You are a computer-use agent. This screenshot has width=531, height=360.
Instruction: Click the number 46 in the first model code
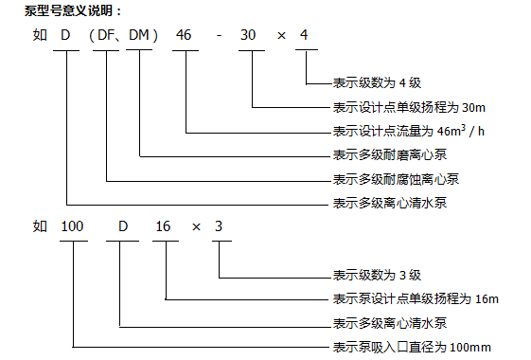pyautogui.click(x=184, y=35)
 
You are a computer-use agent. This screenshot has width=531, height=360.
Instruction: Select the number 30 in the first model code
pyautogui.click(x=248, y=35)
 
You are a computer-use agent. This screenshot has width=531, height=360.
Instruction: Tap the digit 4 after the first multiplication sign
pyautogui.click(x=304, y=35)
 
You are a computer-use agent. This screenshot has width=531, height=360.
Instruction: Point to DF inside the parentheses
pyautogui.click(x=106, y=35)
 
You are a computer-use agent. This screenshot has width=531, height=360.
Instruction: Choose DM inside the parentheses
pyautogui.click(x=139, y=35)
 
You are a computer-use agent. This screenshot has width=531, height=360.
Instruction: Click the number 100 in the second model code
pyautogui.click(x=72, y=226)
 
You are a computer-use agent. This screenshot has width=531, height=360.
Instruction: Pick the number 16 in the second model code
pyautogui.click(x=163, y=226)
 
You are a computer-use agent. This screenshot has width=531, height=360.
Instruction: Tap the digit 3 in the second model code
pyautogui.click(x=219, y=226)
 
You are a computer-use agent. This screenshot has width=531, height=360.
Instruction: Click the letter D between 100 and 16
pyautogui.click(x=123, y=226)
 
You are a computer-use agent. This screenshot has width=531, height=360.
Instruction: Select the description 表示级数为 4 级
pyautogui.click(x=377, y=82)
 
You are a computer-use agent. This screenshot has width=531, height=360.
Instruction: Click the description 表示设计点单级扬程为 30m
pyautogui.click(x=409, y=107)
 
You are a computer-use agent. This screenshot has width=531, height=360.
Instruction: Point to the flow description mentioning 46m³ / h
pyautogui.click(x=409, y=131)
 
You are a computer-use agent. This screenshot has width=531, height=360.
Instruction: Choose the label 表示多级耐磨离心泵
pyautogui.click(x=390, y=155)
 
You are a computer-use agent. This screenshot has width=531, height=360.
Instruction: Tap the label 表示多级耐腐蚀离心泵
pyautogui.click(x=396, y=179)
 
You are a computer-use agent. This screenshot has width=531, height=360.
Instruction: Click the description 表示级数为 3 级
pyautogui.click(x=377, y=275)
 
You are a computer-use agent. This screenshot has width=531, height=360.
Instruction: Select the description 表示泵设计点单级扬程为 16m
pyautogui.click(x=416, y=299)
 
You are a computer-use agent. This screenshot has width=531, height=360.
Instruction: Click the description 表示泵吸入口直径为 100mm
pyautogui.click(x=412, y=347)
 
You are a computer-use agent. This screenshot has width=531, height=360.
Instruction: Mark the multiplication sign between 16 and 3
pyautogui.click(x=197, y=227)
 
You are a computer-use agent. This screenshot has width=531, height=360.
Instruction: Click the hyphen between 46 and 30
pyautogui.click(x=219, y=36)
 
